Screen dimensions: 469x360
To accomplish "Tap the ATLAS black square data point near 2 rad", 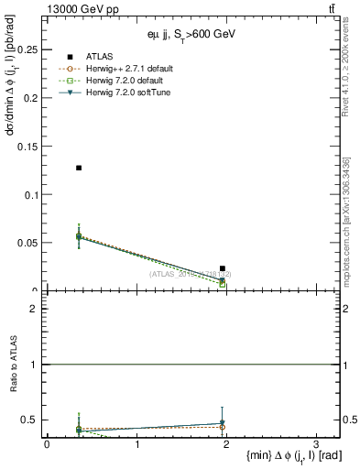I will [x=223, y=268].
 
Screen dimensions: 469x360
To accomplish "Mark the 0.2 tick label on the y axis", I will [x=30, y=98].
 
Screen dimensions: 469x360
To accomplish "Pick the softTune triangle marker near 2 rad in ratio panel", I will [x=223, y=423].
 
